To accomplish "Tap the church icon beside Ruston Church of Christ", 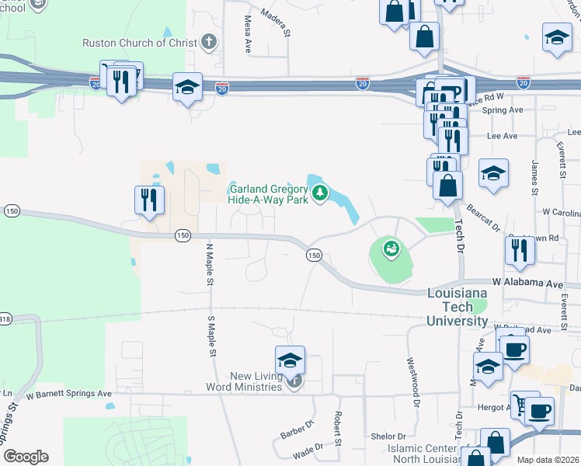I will (x=208, y=42).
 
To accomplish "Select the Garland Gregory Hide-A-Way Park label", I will (x=268, y=194).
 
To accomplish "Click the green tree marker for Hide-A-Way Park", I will (x=318, y=193).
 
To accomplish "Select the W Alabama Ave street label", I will (x=527, y=284).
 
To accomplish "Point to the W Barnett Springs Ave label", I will (x=79, y=394).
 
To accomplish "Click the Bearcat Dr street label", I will (x=482, y=217).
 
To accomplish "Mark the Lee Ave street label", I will (x=502, y=136).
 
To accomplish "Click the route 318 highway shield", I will (x=5, y=318).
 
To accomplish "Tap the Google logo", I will (x=26, y=457).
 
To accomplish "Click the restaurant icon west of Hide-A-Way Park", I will (x=148, y=200).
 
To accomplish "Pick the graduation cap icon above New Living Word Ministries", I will (x=289, y=360).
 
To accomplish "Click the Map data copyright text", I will (x=548, y=460).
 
